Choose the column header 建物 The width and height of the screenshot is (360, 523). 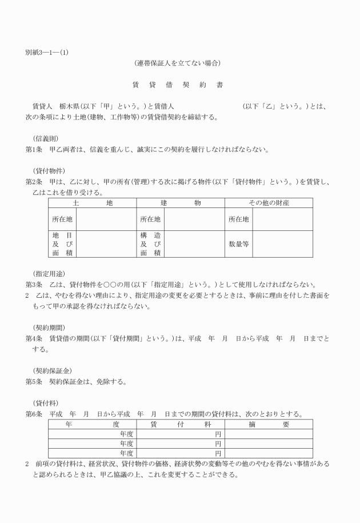(x=181, y=203)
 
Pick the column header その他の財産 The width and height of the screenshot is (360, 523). (x=269, y=203)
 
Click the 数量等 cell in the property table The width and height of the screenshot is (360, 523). (x=239, y=244)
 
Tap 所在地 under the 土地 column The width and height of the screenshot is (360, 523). (x=62, y=219)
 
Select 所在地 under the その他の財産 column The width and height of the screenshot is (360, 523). (x=239, y=219)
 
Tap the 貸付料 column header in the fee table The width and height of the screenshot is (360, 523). (x=181, y=425)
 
